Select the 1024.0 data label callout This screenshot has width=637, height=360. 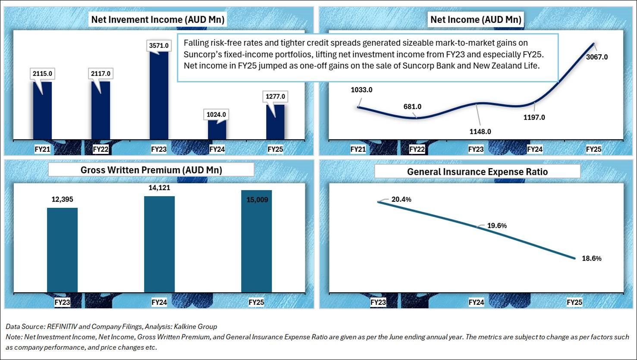pos(216,115)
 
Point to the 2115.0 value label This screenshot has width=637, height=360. pos(42,74)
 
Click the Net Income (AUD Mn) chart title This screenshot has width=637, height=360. pos(476,19)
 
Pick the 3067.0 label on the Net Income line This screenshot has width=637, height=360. pos(597,57)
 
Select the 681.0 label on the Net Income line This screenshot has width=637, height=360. pos(413,106)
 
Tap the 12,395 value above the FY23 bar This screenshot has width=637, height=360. pos(62,200)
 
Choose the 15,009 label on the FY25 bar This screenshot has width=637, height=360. pos(256,200)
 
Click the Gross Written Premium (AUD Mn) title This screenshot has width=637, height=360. pos(151,170)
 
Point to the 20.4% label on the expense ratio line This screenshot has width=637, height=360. pos(401,200)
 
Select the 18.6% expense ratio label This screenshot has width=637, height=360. pos(591,259)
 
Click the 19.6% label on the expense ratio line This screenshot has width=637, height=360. pos(497,226)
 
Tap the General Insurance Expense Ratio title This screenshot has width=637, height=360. pos(477,172)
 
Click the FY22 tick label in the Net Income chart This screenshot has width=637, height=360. pos(417,149)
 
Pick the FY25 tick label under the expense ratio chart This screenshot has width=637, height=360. pos(574,302)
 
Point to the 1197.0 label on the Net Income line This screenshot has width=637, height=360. pos(534,117)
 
